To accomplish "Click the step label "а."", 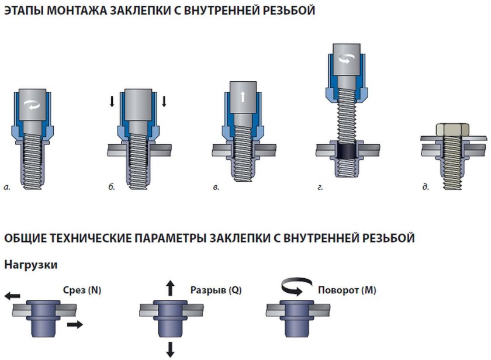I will [8, 187].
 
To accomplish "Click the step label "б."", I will [112, 187].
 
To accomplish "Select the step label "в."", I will [216, 187].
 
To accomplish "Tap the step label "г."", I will [320, 187].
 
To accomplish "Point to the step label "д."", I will [426, 187].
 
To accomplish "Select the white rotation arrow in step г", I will [347, 58].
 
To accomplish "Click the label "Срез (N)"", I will [81, 289].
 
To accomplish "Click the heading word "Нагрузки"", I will [31, 265].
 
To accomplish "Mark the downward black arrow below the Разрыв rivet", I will [170, 349].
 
